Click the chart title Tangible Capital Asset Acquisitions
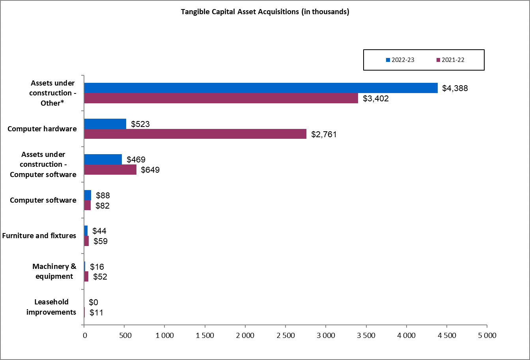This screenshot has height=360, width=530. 265,12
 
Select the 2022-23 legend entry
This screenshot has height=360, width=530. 400,60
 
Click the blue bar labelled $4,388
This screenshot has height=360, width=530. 260,88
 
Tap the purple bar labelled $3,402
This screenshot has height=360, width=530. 221,98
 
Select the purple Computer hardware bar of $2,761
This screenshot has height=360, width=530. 195,134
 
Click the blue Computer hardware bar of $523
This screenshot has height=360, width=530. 105,124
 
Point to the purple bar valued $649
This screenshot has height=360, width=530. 110,170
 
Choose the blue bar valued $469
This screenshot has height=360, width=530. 103,159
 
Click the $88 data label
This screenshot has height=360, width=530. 103,196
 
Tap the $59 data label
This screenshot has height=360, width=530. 101,241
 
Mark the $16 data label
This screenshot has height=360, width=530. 97,267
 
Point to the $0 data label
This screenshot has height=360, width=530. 93,302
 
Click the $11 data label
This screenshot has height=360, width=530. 97,313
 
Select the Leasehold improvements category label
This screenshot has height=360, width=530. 51,307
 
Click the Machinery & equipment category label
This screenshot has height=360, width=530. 54,271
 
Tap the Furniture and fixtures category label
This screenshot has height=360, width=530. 39,236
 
